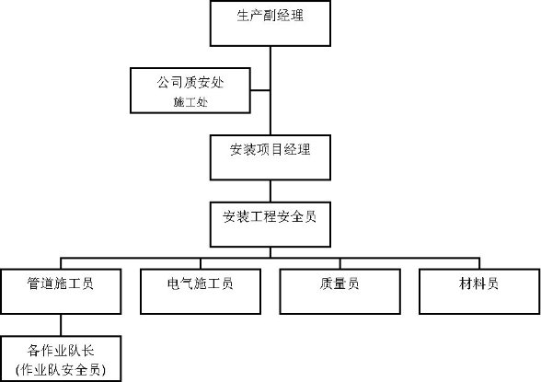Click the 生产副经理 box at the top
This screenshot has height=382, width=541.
click(270, 23)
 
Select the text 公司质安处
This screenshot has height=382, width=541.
click(190, 83)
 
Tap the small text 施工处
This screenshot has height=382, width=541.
click(190, 102)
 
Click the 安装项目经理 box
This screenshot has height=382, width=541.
click(270, 157)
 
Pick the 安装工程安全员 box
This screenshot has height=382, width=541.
click(270, 225)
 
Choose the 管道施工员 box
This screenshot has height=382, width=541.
click(61, 291)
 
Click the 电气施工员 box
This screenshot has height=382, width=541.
click(201, 291)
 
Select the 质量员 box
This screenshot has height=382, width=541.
click(340, 291)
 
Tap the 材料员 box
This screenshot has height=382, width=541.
click(479, 291)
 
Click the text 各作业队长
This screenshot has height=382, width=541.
click(61, 351)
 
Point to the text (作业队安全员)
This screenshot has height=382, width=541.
click(61, 370)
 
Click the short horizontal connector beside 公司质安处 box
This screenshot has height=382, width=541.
click(260, 90)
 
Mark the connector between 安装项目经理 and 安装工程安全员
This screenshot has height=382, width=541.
click(270, 191)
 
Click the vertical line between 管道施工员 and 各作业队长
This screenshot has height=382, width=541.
click(61, 325)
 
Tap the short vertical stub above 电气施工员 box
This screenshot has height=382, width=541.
click(201, 263)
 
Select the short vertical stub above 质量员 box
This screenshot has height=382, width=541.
click(340, 263)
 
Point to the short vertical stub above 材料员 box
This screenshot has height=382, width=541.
click(479, 263)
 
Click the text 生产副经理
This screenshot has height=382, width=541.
click(270, 16)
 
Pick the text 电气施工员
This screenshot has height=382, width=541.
click(201, 284)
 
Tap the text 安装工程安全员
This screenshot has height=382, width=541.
click(270, 216)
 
